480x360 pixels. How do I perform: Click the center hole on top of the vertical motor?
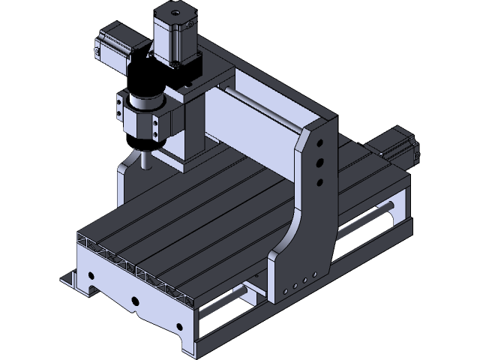(175, 13)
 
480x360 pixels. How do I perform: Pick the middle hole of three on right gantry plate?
(321, 162)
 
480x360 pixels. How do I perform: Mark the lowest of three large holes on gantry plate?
(321, 181)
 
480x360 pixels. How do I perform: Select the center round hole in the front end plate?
(135, 302)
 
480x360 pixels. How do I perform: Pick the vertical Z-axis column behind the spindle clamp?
(187, 127)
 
